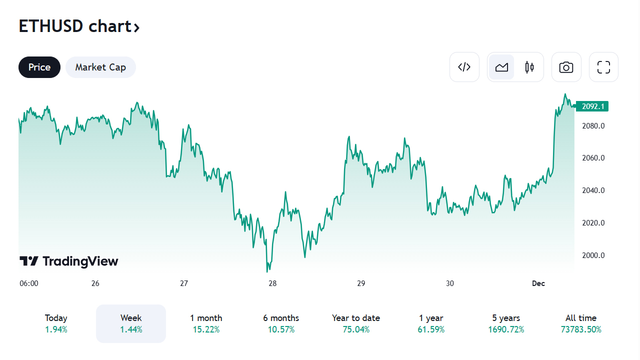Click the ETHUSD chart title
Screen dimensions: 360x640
(x=79, y=26)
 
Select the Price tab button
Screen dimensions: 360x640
(x=39, y=67)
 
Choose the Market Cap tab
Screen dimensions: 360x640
(x=100, y=67)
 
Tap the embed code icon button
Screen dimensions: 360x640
(x=464, y=67)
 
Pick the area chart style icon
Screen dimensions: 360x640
(x=501, y=67)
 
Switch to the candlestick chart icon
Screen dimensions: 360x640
(x=529, y=67)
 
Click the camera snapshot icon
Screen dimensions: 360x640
(x=566, y=67)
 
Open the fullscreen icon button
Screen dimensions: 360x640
(x=603, y=67)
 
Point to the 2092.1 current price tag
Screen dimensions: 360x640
(x=593, y=106)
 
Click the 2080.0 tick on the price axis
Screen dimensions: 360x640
(x=593, y=125)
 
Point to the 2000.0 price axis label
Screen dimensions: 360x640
(x=593, y=255)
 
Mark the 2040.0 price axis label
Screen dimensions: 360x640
(x=593, y=190)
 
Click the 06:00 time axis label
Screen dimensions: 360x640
(x=29, y=283)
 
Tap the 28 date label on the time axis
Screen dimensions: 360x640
(x=272, y=283)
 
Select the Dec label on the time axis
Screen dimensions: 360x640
(x=538, y=283)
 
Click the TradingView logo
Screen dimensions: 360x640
(x=69, y=261)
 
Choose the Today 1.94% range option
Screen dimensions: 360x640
(x=56, y=323)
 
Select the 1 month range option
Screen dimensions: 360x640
(x=206, y=323)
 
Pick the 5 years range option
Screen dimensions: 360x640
(x=506, y=323)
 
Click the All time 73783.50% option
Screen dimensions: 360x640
(x=581, y=323)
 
